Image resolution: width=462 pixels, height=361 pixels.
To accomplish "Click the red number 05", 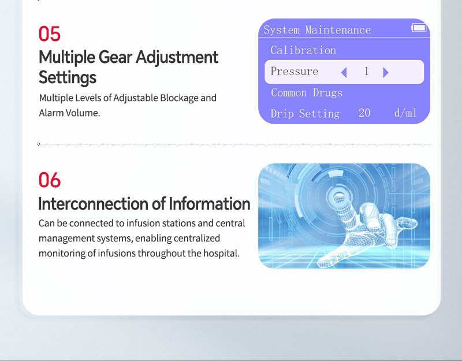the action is click(x=50, y=34).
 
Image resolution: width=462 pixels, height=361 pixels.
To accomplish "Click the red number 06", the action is click(x=50, y=180).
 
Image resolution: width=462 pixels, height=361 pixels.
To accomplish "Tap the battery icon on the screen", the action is click(x=419, y=28).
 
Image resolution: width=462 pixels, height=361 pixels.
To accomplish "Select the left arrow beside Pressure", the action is click(x=344, y=72).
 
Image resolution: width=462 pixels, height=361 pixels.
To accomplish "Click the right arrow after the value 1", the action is click(x=386, y=72).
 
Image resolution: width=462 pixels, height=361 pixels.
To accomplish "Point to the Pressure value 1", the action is click(x=366, y=71).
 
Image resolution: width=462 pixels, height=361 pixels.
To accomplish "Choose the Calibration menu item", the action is click(x=303, y=50).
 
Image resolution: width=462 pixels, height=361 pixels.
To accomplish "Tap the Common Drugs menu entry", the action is click(x=307, y=92).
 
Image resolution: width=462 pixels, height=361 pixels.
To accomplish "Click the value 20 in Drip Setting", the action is click(x=364, y=113).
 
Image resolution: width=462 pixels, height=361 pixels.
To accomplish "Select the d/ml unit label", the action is click(x=405, y=113).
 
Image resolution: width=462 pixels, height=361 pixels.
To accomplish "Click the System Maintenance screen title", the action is click(x=317, y=30).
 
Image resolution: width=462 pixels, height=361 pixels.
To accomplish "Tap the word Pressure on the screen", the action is click(x=295, y=71).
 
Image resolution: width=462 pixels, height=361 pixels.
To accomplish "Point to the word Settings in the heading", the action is click(x=68, y=77).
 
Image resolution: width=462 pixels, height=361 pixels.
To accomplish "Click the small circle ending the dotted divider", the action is click(x=38, y=144).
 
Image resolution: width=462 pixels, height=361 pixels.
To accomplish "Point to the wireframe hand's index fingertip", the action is click(x=338, y=196).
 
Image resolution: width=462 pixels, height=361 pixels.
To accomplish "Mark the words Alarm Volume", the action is click(x=69, y=113).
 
